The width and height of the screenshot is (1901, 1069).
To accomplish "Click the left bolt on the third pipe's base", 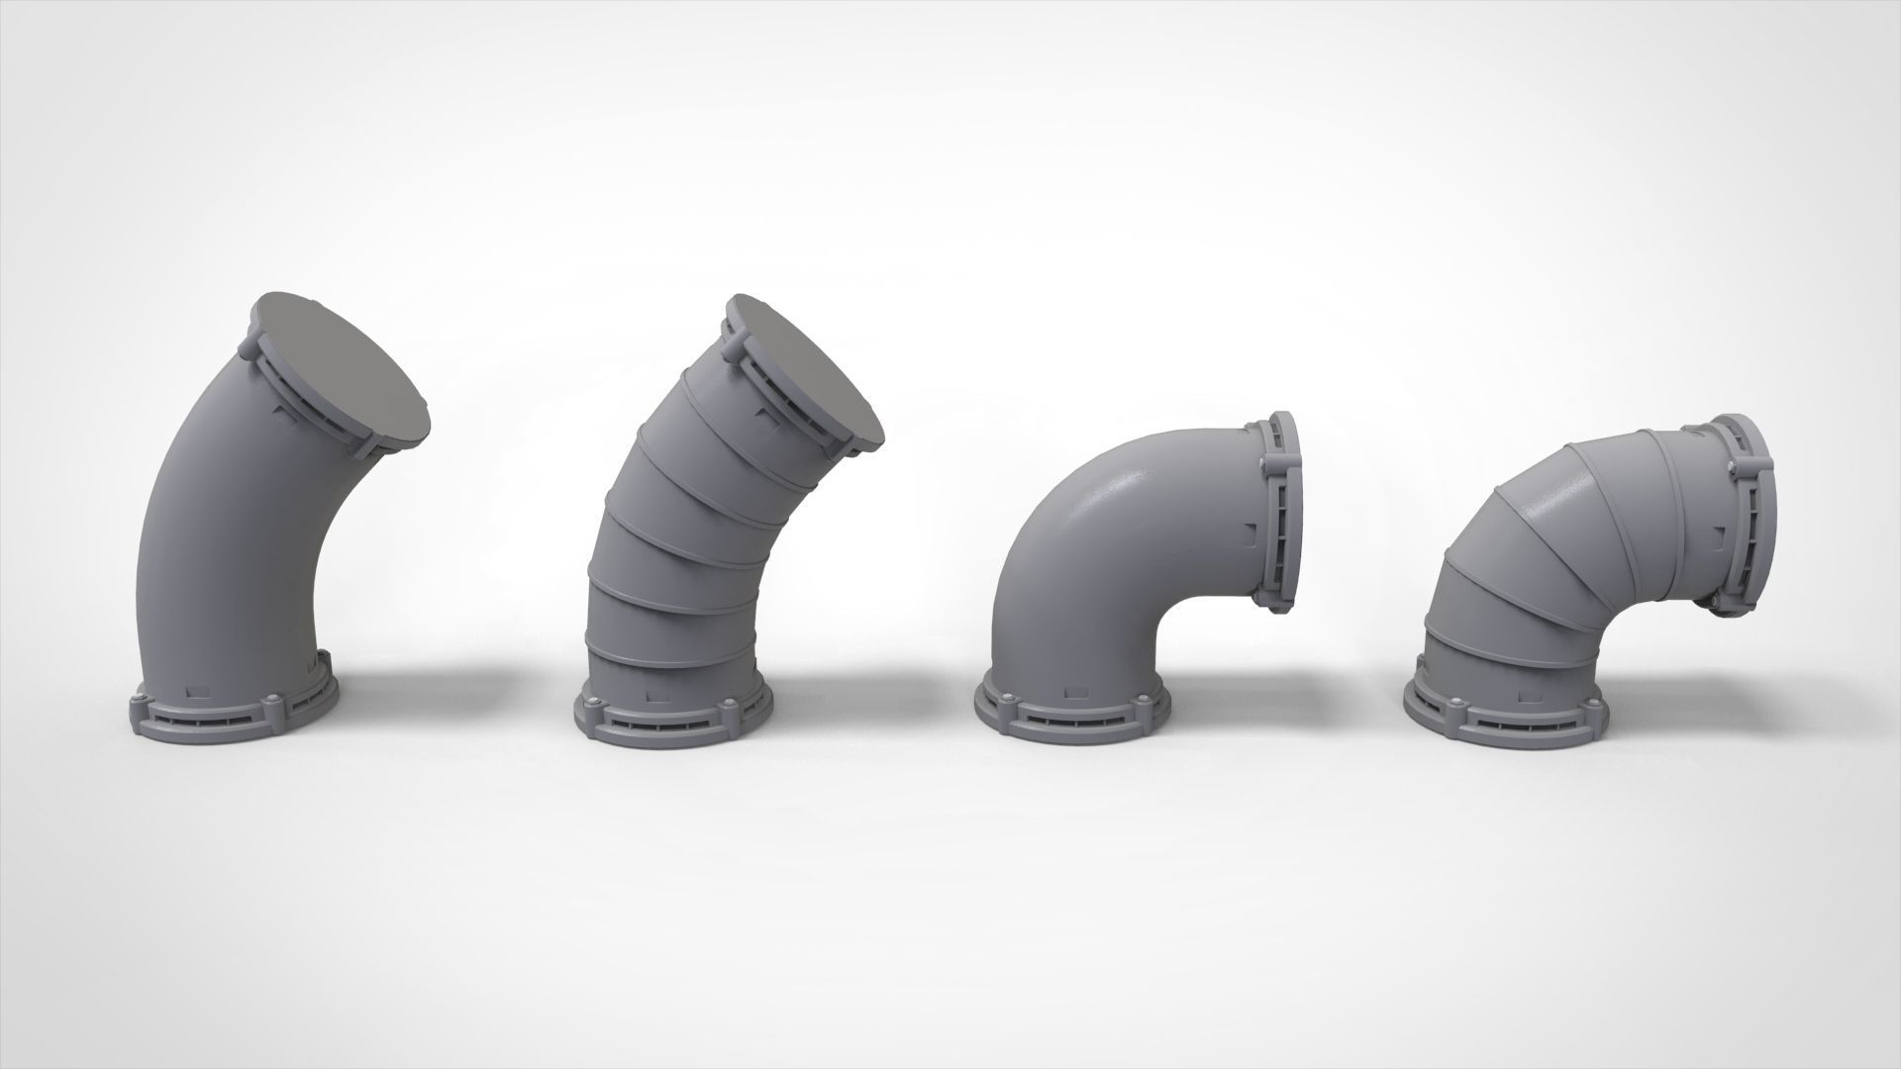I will (1007, 700).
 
